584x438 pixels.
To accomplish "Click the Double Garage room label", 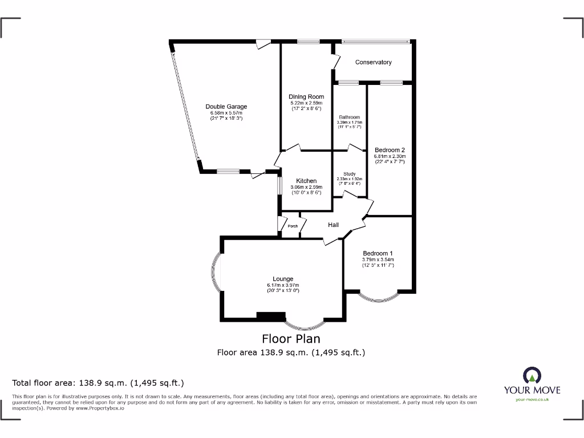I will point(226,107).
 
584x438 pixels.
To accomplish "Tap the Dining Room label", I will point(306,97).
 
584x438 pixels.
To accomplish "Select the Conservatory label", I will point(373,62).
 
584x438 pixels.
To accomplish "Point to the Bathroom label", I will point(350,117).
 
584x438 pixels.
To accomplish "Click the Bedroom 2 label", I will point(390,151).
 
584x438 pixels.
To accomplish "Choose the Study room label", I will point(350,174).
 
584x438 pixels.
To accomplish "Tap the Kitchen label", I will point(306,181).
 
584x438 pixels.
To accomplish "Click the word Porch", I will point(293,226).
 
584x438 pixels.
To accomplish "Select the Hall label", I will point(334,225).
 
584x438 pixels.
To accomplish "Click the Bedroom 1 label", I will point(378,253).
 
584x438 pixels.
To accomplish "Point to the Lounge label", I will point(283,279).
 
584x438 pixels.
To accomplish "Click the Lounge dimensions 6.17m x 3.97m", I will point(283,285).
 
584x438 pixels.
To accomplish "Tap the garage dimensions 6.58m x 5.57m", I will point(226,113).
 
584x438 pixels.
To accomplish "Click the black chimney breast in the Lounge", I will point(271,315).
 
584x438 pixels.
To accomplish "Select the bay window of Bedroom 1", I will point(378,297).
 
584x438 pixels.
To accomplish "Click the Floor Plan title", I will point(291,339).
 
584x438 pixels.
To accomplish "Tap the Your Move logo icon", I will point(532,375).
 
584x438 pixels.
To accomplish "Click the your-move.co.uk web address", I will point(532,399).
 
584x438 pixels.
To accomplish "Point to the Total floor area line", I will point(98,383).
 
